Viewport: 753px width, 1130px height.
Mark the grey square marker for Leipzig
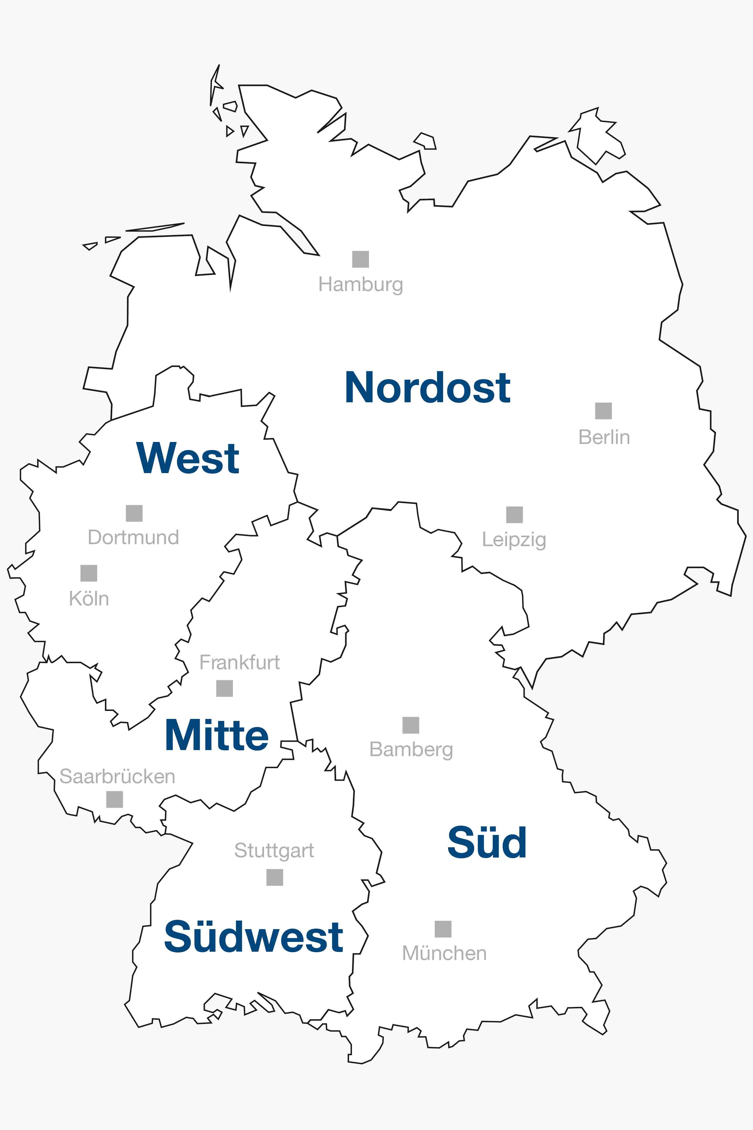pos(514,515)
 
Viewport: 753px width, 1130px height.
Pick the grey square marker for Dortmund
pos(134,513)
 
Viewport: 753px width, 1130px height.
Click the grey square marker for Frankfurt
pos(224,688)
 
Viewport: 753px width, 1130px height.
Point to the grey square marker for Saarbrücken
pos(114,800)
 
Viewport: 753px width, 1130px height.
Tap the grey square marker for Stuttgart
pos(275,877)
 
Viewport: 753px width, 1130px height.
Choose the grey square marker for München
pos(443,929)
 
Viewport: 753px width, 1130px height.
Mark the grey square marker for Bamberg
pos(411,725)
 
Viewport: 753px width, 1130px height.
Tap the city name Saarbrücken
pos(117,776)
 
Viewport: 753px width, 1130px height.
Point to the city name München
pos(444,953)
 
